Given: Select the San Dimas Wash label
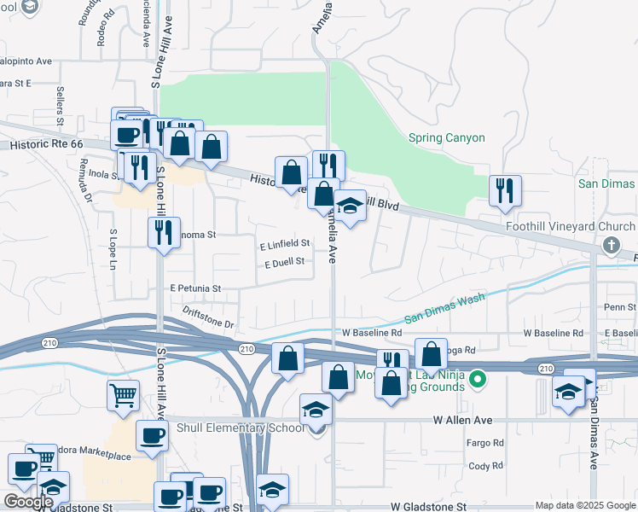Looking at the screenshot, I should click(444, 307).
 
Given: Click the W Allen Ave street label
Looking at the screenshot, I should click(462, 421).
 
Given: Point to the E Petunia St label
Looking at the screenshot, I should click(195, 288).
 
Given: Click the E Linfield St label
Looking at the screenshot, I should click(284, 245).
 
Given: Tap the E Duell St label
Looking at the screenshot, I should click(284, 262).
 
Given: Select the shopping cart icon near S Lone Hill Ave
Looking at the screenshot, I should click(123, 395).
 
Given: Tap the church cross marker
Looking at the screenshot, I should click(610, 246).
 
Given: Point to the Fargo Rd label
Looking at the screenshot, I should click(485, 443).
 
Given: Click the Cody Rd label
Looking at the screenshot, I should click(485, 466).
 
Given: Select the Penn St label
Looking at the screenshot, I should click(615, 306).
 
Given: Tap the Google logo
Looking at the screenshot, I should click(28, 502).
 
